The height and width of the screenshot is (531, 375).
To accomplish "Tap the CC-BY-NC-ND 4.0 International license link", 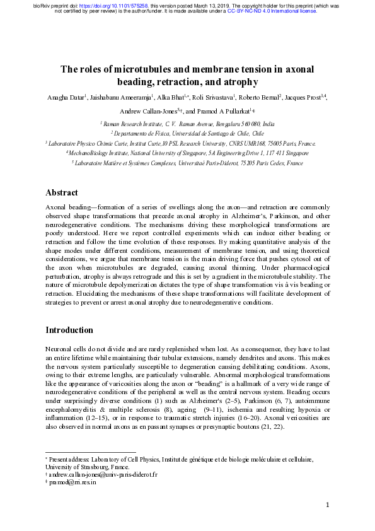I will point(272,11).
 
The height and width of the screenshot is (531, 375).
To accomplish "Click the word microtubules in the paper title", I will point(135,69).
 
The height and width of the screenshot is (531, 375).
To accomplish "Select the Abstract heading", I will point(62,192).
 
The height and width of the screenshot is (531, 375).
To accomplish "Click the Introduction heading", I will point(69,330).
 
